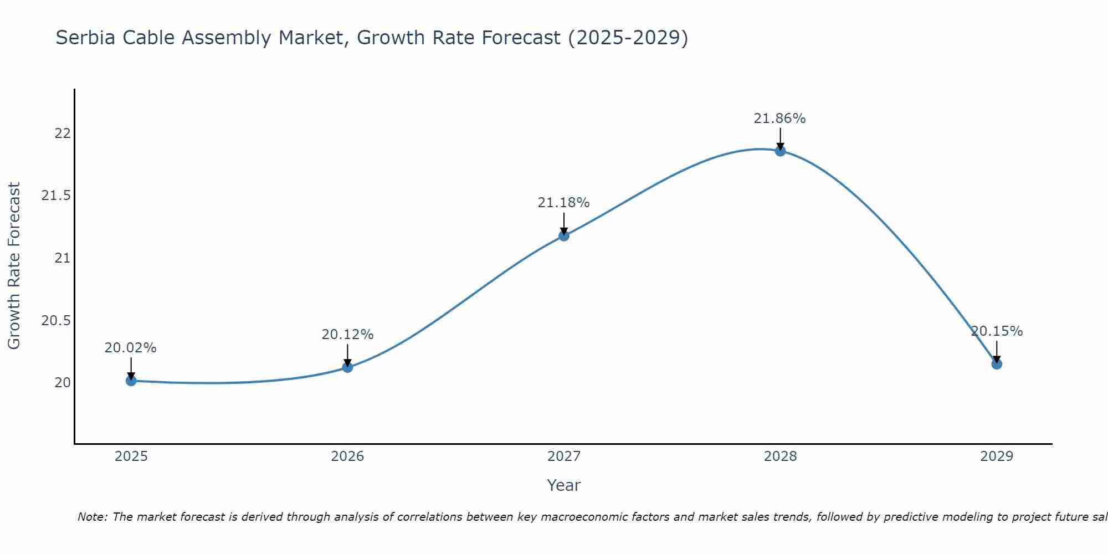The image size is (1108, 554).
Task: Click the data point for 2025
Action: (131, 381)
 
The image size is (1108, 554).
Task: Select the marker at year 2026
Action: (347, 367)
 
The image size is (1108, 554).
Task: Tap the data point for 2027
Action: (564, 235)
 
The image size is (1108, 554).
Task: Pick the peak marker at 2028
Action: (780, 151)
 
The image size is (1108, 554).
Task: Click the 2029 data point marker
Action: (997, 364)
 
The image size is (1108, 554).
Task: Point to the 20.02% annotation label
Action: (131, 348)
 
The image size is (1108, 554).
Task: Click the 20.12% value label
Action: (347, 335)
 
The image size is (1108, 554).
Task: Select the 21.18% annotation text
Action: (563, 203)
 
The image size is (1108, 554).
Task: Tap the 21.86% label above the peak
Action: (779, 119)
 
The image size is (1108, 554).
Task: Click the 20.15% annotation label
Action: (997, 331)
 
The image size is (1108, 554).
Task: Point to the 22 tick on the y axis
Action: (62, 134)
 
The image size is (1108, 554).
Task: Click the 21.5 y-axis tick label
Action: (56, 196)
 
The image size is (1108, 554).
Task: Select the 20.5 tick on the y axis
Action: (56, 321)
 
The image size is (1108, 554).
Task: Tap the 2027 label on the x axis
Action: (563, 456)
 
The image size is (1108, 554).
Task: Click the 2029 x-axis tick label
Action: (997, 456)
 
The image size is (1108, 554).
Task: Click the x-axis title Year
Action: (563, 485)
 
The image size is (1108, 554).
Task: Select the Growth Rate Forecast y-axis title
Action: (14, 266)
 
